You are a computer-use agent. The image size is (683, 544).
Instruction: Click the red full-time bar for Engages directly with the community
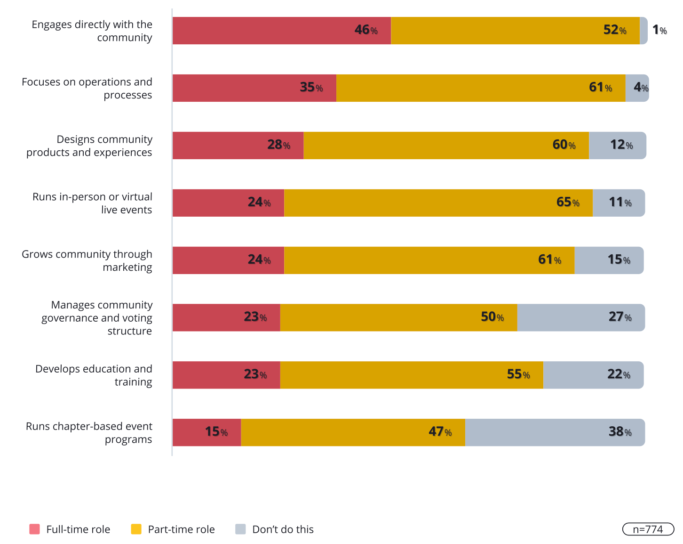281,31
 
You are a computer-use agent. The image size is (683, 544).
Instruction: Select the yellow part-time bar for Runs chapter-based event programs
353,432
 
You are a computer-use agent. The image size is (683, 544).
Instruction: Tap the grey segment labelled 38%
555,432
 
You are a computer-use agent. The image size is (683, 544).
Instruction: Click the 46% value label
366,30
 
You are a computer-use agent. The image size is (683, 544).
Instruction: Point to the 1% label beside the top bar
659,30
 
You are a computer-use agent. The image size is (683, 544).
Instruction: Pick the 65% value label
568,203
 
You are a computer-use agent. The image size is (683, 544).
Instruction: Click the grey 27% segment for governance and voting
581,317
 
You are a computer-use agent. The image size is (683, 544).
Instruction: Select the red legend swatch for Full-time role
34,529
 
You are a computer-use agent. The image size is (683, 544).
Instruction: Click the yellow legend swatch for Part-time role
136,529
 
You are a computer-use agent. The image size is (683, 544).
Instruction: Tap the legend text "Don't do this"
283,529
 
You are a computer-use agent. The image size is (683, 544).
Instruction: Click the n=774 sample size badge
648,529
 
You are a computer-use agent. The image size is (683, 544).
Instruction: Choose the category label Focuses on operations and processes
87,88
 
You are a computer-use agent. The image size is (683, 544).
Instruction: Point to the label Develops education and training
94,375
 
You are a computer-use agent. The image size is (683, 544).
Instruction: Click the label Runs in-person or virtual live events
92,203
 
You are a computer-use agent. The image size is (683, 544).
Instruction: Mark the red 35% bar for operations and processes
254,88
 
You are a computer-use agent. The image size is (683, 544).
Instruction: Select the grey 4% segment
637,88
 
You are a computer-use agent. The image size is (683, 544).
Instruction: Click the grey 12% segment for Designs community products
617,146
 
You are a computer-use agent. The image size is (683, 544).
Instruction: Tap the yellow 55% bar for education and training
412,375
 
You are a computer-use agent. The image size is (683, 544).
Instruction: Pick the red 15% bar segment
206,432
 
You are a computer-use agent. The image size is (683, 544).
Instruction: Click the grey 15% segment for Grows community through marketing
609,260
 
